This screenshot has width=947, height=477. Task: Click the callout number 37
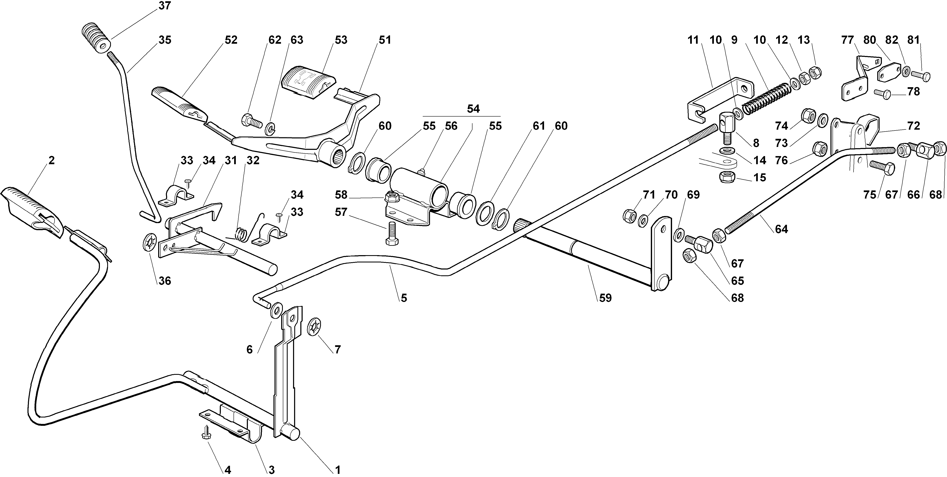point(165,6)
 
